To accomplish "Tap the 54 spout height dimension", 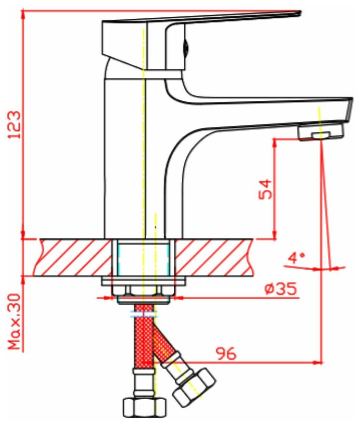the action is [265, 189].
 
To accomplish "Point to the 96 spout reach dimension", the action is [226, 354].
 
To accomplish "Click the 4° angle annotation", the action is [296, 258].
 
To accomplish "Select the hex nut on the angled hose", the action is [193, 387].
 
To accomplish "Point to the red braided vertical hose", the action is [142, 337].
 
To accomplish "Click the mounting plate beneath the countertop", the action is [143, 281].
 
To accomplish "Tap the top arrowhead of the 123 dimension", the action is [23, 12].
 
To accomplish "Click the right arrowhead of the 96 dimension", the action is [319, 362].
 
